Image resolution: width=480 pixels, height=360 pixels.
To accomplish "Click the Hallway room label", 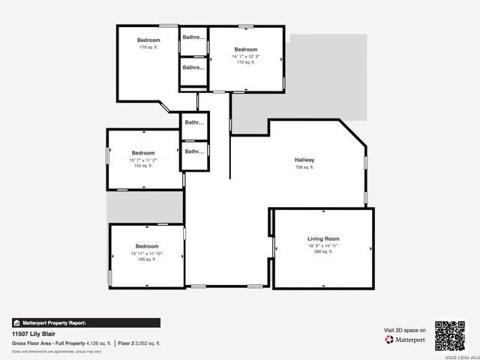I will point(304,160).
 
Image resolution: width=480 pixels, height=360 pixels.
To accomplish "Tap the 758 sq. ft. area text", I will point(304,167).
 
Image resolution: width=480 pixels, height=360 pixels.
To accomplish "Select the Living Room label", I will point(323,238).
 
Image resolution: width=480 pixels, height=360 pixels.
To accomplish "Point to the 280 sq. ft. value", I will point(323,253).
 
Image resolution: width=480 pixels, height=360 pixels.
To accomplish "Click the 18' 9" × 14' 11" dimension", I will point(323,246).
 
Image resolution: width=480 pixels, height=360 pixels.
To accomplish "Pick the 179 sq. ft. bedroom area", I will point(148,47).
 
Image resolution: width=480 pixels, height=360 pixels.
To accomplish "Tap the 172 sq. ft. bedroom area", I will point(246,63).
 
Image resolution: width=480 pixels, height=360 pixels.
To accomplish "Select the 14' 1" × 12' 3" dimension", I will point(246,56).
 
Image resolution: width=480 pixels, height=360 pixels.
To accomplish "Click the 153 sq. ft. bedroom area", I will point(143,166).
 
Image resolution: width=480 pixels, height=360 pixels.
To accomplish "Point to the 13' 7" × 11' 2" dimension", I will point(143,160).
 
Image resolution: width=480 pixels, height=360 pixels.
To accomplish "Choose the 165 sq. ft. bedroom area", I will point(147,260).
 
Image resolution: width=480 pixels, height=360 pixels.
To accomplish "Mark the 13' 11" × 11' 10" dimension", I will point(147,253).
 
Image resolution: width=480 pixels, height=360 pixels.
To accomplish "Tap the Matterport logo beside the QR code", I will point(406,340).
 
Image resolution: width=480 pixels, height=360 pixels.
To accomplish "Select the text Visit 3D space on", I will point(405,330).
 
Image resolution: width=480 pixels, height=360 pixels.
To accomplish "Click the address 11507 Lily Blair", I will point(36,334).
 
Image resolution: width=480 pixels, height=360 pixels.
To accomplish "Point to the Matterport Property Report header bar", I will point(85,322).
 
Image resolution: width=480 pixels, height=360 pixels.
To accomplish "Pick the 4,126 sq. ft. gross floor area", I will point(98,343).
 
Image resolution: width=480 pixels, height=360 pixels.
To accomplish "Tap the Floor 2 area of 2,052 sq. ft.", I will point(139,343).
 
